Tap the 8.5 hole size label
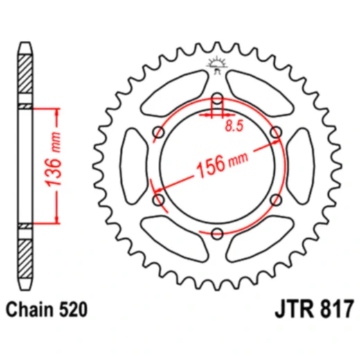235,127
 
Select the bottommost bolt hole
217,233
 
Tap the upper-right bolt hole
276,132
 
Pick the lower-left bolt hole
158,200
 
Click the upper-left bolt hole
159,132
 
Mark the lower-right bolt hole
276,200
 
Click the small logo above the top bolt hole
217,66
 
